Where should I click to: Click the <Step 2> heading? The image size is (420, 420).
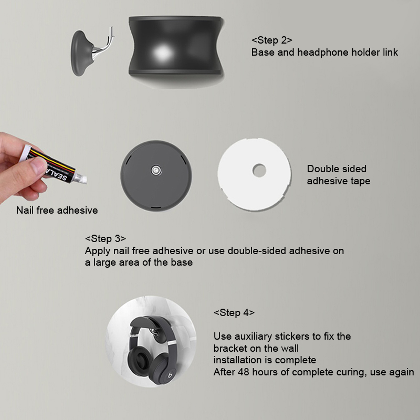(x=272, y=40)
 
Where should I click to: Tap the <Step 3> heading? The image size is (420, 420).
(x=106, y=238)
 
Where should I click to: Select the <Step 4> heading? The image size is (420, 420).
(x=234, y=312)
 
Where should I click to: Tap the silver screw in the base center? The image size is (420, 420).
(x=156, y=170)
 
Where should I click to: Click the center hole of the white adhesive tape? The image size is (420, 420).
(x=259, y=171)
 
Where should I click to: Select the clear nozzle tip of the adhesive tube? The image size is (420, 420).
(x=80, y=178)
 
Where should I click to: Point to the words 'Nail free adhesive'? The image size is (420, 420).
(x=57, y=211)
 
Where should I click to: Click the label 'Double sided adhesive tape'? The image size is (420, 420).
(x=339, y=175)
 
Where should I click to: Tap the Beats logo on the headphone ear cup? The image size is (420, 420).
(x=170, y=375)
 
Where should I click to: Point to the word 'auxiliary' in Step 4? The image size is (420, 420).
(x=253, y=337)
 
